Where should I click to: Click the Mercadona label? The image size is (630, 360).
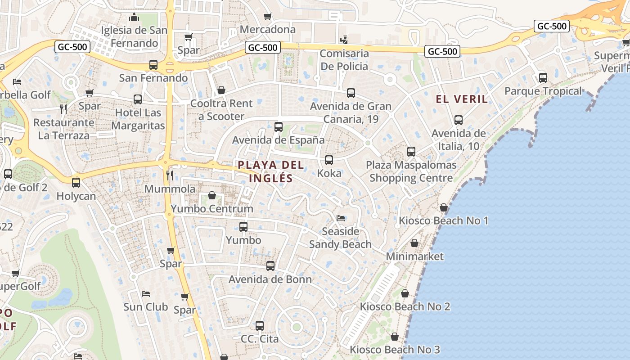pyautogui.click(x=268, y=30)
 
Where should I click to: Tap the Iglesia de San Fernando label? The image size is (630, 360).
pyautogui.click(x=134, y=37)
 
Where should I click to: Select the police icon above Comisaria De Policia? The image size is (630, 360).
pyautogui.click(x=344, y=40)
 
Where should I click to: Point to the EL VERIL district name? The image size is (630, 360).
pyautogui.click(x=462, y=99)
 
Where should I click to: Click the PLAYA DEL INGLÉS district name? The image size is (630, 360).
pyautogui.click(x=271, y=171)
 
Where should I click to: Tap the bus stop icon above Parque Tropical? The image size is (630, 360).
pyautogui.click(x=543, y=78)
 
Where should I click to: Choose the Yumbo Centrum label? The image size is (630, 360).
pyautogui.click(x=212, y=209)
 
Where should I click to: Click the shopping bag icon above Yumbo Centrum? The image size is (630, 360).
pyautogui.click(x=212, y=196)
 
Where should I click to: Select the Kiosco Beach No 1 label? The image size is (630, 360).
pyautogui.click(x=443, y=220)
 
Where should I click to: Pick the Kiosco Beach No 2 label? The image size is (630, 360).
pyautogui.click(x=405, y=306)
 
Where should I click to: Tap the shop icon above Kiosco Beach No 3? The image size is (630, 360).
pyautogui.click(x=395, y=337)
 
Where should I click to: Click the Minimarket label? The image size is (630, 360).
pyautogui.click(x=415, y=256)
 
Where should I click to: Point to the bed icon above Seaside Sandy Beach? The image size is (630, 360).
pyautogui.click(x=341, y=218)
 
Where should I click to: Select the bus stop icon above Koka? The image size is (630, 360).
pyautogui.click(x=329, y=160)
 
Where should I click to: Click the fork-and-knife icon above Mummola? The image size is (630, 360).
pyautogui.click(x=170, y=175)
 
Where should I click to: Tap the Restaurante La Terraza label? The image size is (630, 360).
pyautogui.click(x=63, y=129)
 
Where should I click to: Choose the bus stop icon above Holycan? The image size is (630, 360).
pyautogui.click(x=76, y=183)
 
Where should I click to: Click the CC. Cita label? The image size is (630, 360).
pyautogui.click(x=260, y=338)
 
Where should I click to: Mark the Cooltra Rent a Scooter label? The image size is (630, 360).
pyautogui.click(x=221, y=110)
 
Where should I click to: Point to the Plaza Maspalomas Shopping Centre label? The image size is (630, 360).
pyautogui.click(x=411, y=171)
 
